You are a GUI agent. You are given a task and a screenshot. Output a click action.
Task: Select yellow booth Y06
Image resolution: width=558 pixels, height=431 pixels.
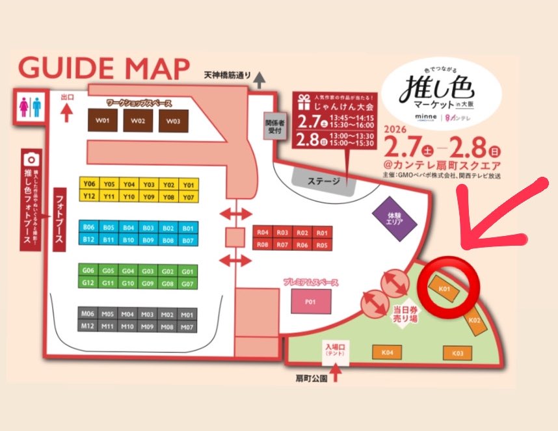[89, 183]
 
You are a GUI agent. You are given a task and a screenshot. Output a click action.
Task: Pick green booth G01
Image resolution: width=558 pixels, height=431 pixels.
[188, 271]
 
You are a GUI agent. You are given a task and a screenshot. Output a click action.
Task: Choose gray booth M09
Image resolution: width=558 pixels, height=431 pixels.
[148, 326]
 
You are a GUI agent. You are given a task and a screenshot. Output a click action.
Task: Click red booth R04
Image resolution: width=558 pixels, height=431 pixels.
[262, 233]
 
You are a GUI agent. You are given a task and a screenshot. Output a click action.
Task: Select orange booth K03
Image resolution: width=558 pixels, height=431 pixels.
[457, 353]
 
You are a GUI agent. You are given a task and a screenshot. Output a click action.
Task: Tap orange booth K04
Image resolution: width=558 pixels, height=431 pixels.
[388, 352]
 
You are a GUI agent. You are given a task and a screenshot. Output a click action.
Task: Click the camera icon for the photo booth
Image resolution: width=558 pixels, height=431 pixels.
[29, 159]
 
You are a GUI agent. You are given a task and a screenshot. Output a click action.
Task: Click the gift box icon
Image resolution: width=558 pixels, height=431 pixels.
[302, 101]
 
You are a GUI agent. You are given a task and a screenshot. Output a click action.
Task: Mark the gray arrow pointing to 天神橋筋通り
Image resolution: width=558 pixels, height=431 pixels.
[260, 80]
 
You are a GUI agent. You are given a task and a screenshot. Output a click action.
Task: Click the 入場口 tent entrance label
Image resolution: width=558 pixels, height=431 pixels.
[336, 352]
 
